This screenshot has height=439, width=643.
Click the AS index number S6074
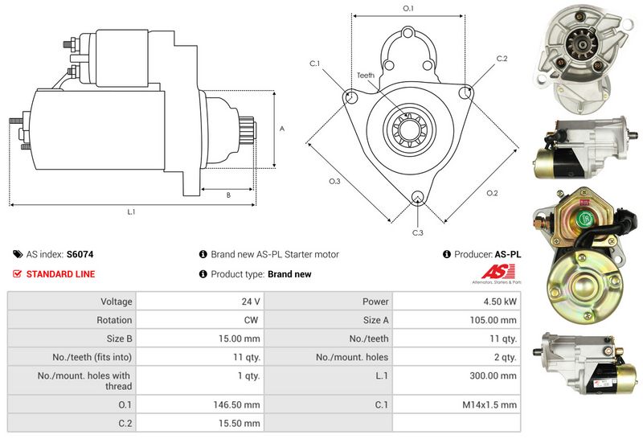[80, 254]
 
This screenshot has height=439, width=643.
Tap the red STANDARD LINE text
[60, 274]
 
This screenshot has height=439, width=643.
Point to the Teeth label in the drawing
[366, 75]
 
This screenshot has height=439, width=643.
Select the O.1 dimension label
[408, 9]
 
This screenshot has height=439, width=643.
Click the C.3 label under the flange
[418, 232]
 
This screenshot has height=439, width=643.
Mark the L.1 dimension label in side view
[131, 212]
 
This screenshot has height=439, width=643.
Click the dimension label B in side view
[227, 195]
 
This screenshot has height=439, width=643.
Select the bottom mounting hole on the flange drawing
[417, 198]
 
